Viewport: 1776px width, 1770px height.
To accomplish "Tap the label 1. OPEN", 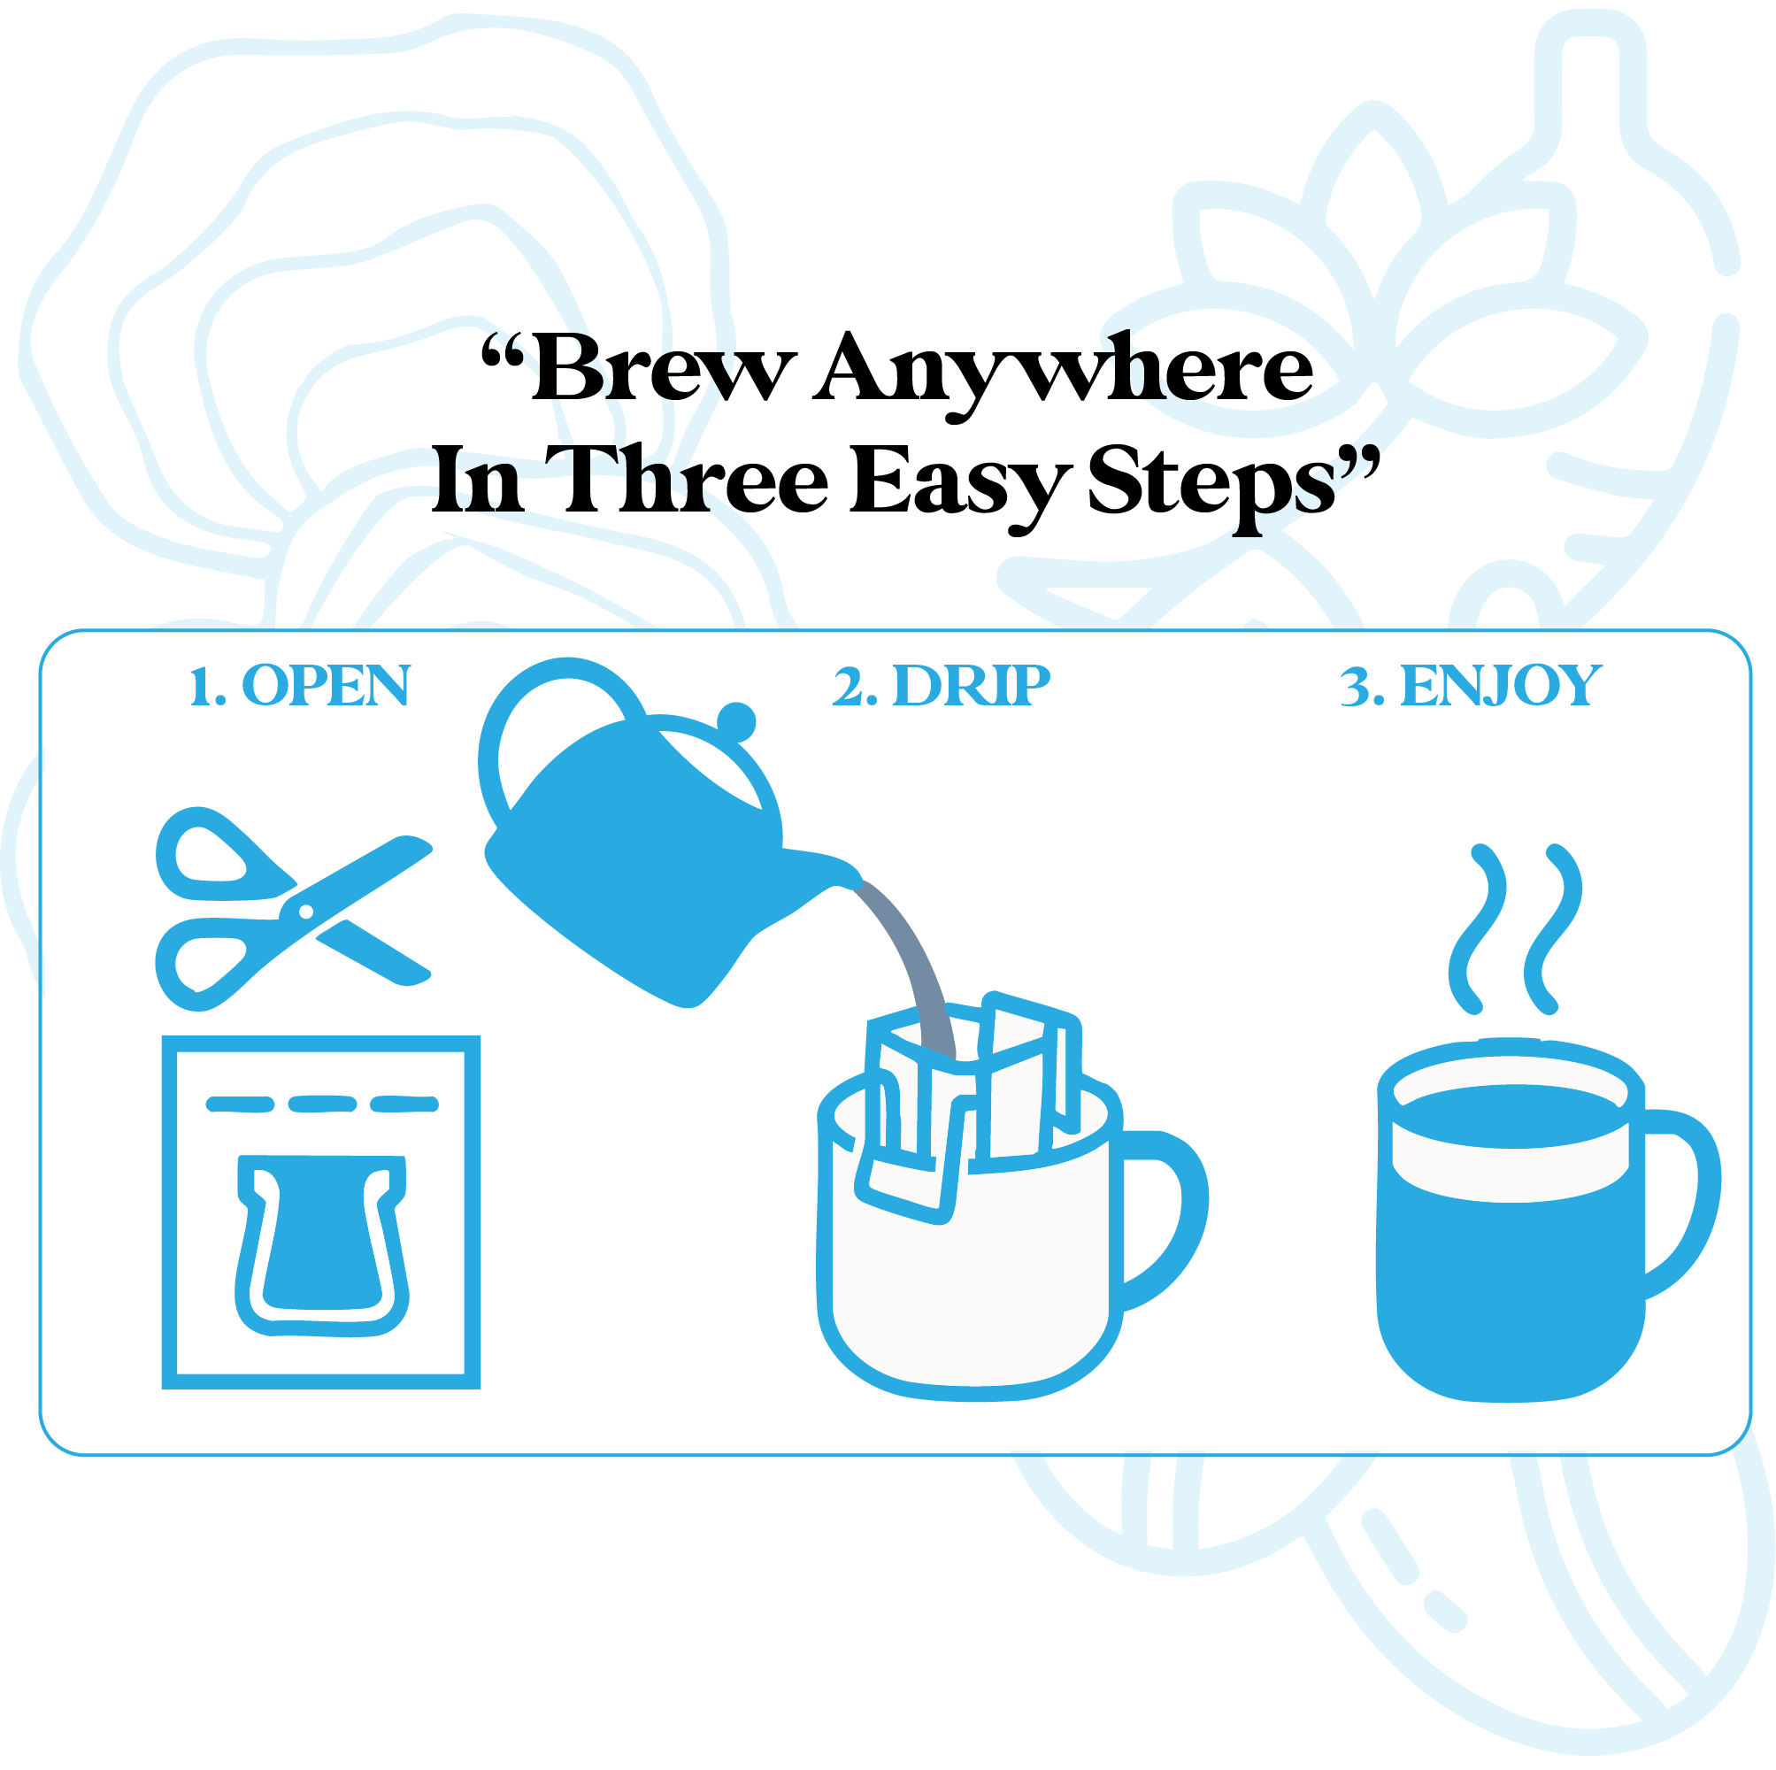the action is (x=300, y=686).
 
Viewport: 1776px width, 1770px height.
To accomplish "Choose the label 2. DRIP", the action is (x=942, y=686).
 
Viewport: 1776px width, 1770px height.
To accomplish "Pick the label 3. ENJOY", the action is (x=1471, y=686).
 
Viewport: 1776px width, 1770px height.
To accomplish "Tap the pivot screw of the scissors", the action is (x=306, y=912).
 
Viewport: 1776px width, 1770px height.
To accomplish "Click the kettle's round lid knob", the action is (x=736, y=722).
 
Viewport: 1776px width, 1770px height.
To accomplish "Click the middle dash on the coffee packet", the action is (x=322, y=1104).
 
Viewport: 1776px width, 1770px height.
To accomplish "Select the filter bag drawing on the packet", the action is (x=322, y=1246).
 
